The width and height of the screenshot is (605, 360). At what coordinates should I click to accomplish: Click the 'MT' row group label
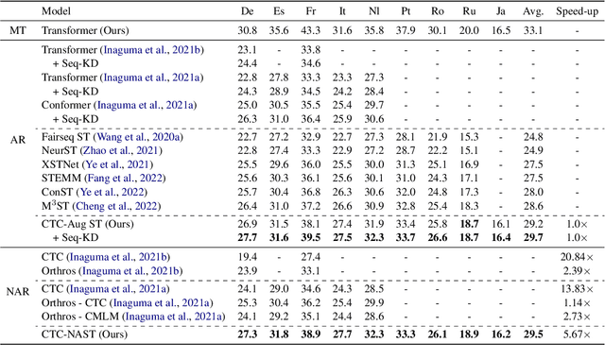click(x=18, y=31)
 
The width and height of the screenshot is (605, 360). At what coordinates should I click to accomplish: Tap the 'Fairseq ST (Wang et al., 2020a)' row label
click(x=112, y=136)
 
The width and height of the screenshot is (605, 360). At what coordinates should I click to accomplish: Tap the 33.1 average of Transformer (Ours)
click(x=533, y=31)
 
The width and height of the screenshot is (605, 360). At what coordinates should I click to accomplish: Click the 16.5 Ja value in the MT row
click(x=499, y=31)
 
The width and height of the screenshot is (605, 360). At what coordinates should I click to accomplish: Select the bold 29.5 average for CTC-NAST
click(x=533, y=334)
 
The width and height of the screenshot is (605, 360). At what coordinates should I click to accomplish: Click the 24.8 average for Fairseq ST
click(x=533, y=136)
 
